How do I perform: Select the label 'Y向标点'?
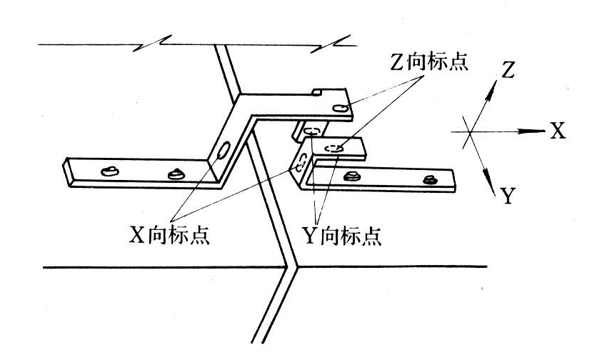point(342,236)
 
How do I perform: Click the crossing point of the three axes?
point(469,131)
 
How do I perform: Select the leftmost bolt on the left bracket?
point(109,171)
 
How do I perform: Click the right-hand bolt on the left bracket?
point(175,174)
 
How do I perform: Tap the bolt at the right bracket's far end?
point(429,179)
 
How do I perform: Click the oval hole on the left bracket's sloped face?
point(223,151)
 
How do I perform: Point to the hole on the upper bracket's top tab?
point(339,109)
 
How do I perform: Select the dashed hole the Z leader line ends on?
point(333,149)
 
